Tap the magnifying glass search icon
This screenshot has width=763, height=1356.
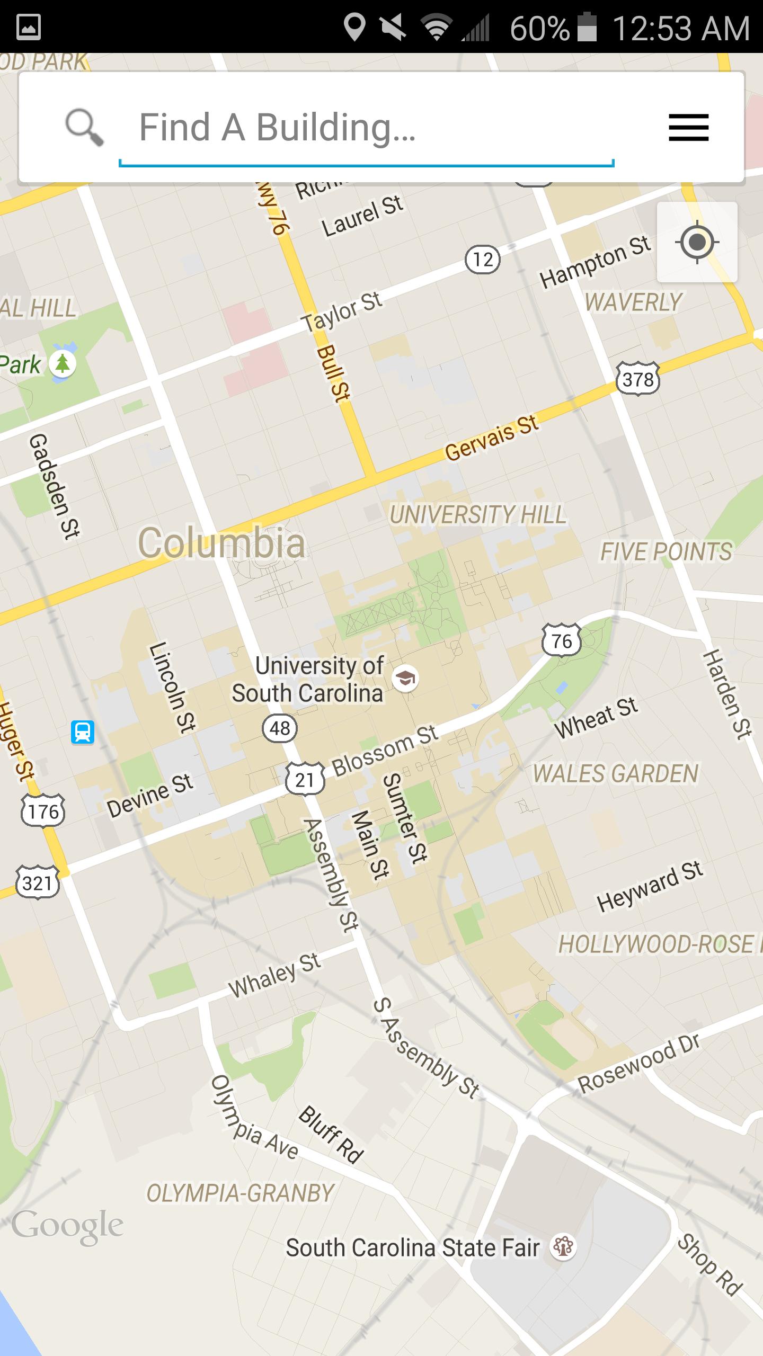click(84, 128)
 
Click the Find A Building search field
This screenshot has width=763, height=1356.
click(366, 128)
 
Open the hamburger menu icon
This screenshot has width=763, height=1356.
click(688, 128)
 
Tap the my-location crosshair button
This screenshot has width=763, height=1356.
click(697, 242)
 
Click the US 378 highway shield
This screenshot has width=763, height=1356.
click(638, 379)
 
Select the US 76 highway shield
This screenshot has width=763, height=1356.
click(562, 641)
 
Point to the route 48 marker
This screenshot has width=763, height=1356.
click(280, 728)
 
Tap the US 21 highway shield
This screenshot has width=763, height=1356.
click(305, 779)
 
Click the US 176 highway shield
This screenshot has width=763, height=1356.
click(43, 811)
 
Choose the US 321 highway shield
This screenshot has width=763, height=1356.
click(37, 883)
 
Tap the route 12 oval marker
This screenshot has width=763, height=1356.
click(482, 260)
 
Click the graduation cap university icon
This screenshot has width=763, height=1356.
click(405, 678)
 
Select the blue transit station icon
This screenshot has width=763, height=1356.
click(83, 733)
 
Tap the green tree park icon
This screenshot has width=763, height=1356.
click(63, 364)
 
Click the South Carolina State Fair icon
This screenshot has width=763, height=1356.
click(563, 1247)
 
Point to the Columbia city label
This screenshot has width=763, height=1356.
click(221, 543)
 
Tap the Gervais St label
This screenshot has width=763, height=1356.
click(491, 438)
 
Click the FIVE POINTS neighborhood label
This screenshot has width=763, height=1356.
click(666, 552)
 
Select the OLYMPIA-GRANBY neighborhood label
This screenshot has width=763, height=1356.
click(240, 1193)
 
